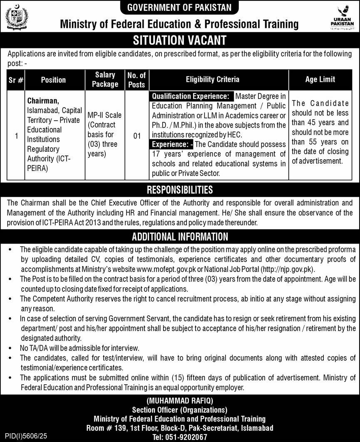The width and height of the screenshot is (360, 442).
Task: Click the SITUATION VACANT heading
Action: coord(179,40)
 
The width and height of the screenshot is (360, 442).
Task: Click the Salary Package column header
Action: coord(105,79)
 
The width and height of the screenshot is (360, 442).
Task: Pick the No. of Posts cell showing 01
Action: coord(137,136)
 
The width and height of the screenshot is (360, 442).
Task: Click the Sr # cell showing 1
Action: coord(16,136)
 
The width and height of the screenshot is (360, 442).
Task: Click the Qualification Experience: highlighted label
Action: coord(191,96)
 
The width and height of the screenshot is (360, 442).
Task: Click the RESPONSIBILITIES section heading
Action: coord(179,190)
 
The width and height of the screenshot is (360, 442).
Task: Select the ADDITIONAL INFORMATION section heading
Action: coord(179,237)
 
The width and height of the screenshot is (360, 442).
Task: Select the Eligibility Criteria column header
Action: coord(212,79)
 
